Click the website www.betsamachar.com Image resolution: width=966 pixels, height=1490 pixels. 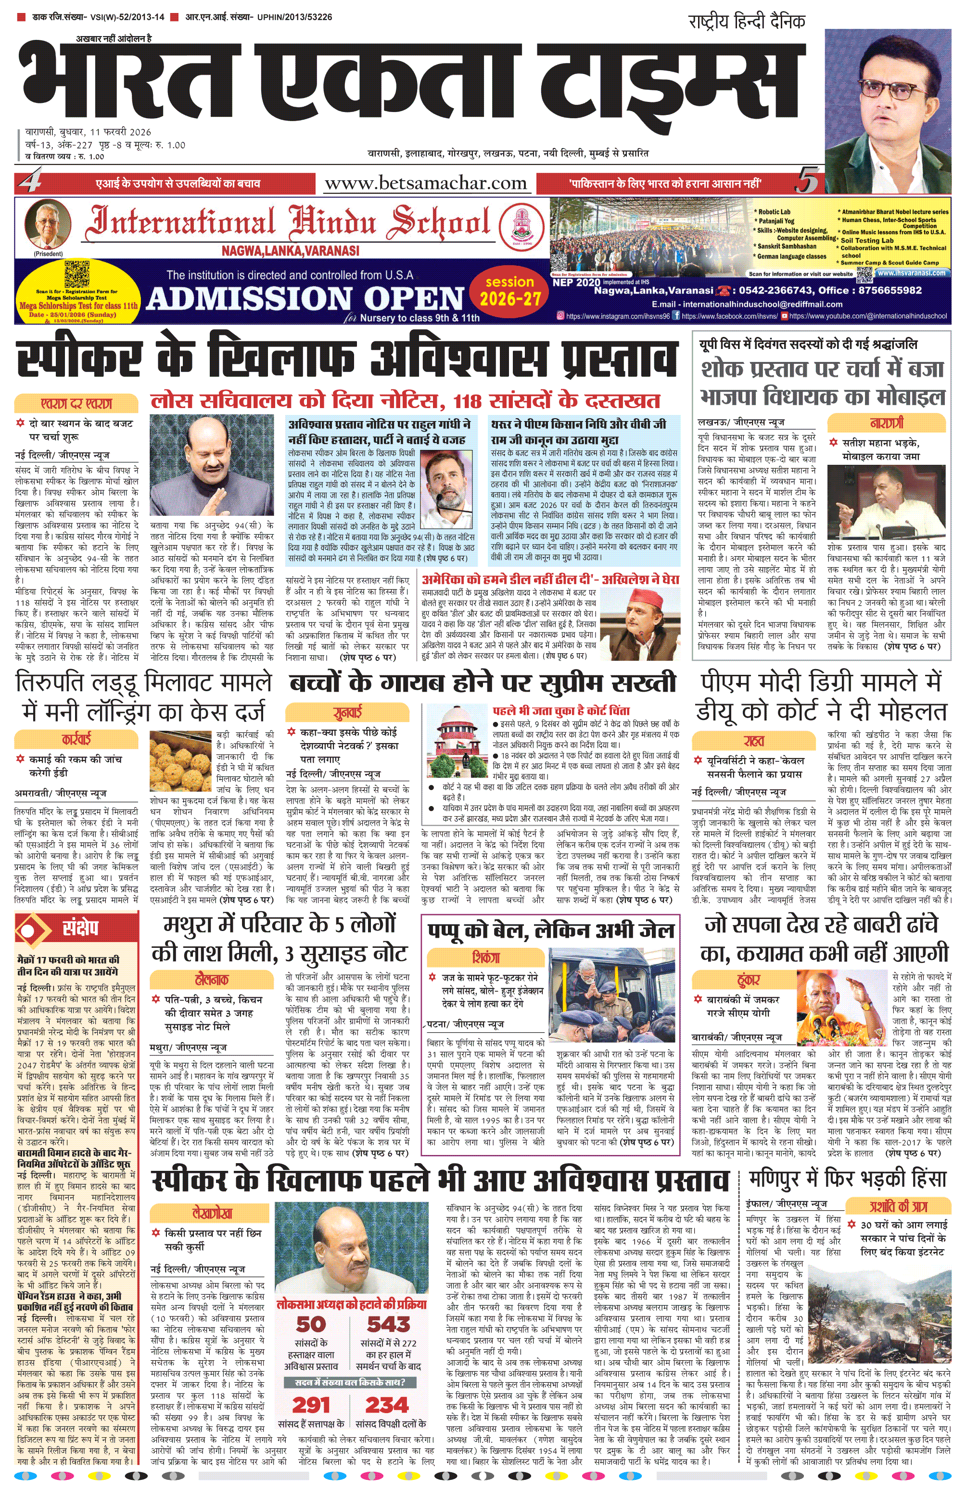425,184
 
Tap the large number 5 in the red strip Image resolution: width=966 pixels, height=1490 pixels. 808,183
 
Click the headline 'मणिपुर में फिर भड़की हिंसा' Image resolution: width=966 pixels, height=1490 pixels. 848,1179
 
